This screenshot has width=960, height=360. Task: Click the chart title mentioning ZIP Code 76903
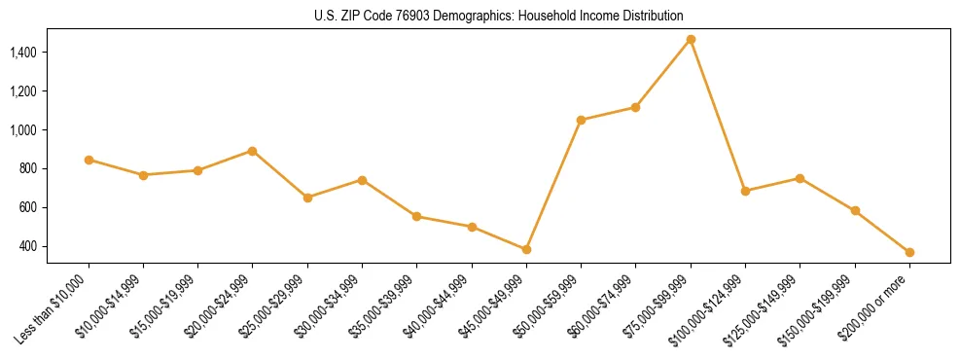(x=499, y=17)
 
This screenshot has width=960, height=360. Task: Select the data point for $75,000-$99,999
(x=691, y=39)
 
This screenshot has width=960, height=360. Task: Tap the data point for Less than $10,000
(x=89, y=160)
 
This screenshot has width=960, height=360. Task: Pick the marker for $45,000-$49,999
(x=526, y=249)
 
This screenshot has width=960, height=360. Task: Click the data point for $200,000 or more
(x=909, y=252)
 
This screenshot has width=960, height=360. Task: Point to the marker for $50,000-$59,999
(x=581, y=120)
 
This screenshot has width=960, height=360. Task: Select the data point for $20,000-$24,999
(x=252, y=151)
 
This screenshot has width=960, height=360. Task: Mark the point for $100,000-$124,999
(x=745, y=191)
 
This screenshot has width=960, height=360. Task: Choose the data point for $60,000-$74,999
(x=635, y=107)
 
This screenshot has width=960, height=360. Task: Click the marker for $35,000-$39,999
(x=416, y=216)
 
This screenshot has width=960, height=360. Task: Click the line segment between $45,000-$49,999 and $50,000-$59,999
(x=553, y=185)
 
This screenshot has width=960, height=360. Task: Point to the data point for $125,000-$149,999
(x=800, y=178)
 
